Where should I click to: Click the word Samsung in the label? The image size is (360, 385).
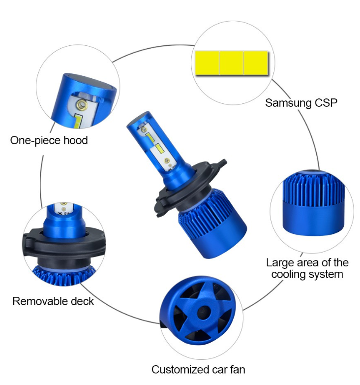[x=288, y=103]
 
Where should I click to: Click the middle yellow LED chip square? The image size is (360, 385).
[x=231, y=63]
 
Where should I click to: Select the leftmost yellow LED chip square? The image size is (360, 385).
[x=207, y=63]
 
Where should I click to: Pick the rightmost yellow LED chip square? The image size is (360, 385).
[x=256, y=63]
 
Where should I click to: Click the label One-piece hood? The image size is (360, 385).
[x=49, y=140]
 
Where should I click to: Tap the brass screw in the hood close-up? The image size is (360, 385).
[x=82, y=105]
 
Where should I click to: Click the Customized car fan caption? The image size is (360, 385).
[x=198, y=370]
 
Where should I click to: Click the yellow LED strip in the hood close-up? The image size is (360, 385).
[x=78, y=121]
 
